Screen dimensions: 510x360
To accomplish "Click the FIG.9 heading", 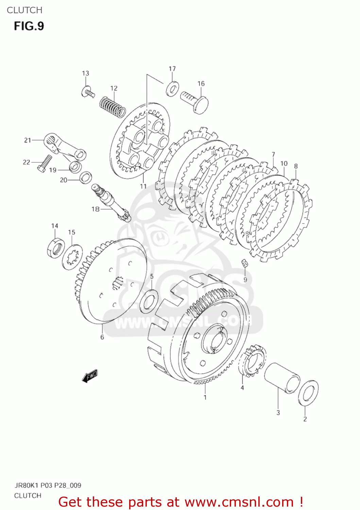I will pyautogui.click(x=29, y=26).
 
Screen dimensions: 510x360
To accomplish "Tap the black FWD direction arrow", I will pyautogui.click(x=90, y=376).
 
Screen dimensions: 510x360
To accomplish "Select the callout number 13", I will pyautogui.click(x=85, y=73).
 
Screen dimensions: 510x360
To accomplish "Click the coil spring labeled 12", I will pyautogui.click(x=113, y=106).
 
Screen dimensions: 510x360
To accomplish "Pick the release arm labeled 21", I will pyautogui.click(x=65, y=146).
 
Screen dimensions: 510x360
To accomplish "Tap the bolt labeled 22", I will pyautogui.click(x=44, y=164).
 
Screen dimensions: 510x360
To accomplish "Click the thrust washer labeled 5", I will pyautogui.click(x=149, y=301).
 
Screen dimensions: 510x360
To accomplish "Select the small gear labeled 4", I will pyautogui.click(x=252, y=361).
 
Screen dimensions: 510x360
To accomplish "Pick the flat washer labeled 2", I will pyautogui.click(x=308, y=393).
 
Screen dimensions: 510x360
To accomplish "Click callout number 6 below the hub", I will pyautogui.click(x=102, y=337).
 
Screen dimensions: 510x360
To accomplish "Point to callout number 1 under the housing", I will pyautogui.click(x=205, y=397).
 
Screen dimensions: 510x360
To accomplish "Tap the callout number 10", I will pyautogui.click(x=284, y=164).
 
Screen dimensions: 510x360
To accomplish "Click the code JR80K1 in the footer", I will pyautogui.click(x=26, y=485).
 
